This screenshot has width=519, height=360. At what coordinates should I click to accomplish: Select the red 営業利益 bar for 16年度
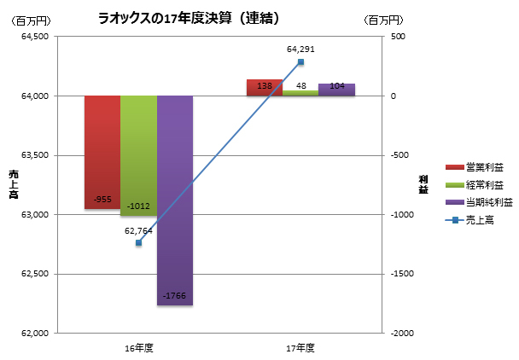[102, 145]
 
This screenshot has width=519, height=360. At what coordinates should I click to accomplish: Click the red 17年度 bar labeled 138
[264, 87]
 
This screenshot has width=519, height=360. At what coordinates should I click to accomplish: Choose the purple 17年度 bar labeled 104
[336, 89]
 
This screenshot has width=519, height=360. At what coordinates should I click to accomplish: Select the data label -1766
[174, 296]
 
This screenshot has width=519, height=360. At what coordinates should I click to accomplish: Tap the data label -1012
[137, 206]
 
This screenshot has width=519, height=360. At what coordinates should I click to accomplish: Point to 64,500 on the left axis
[36, 36]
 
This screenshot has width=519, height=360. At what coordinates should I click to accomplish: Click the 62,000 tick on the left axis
[36, 333]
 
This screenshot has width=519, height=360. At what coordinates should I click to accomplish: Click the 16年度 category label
[138, 348]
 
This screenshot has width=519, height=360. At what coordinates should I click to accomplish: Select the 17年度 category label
[300, 348]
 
